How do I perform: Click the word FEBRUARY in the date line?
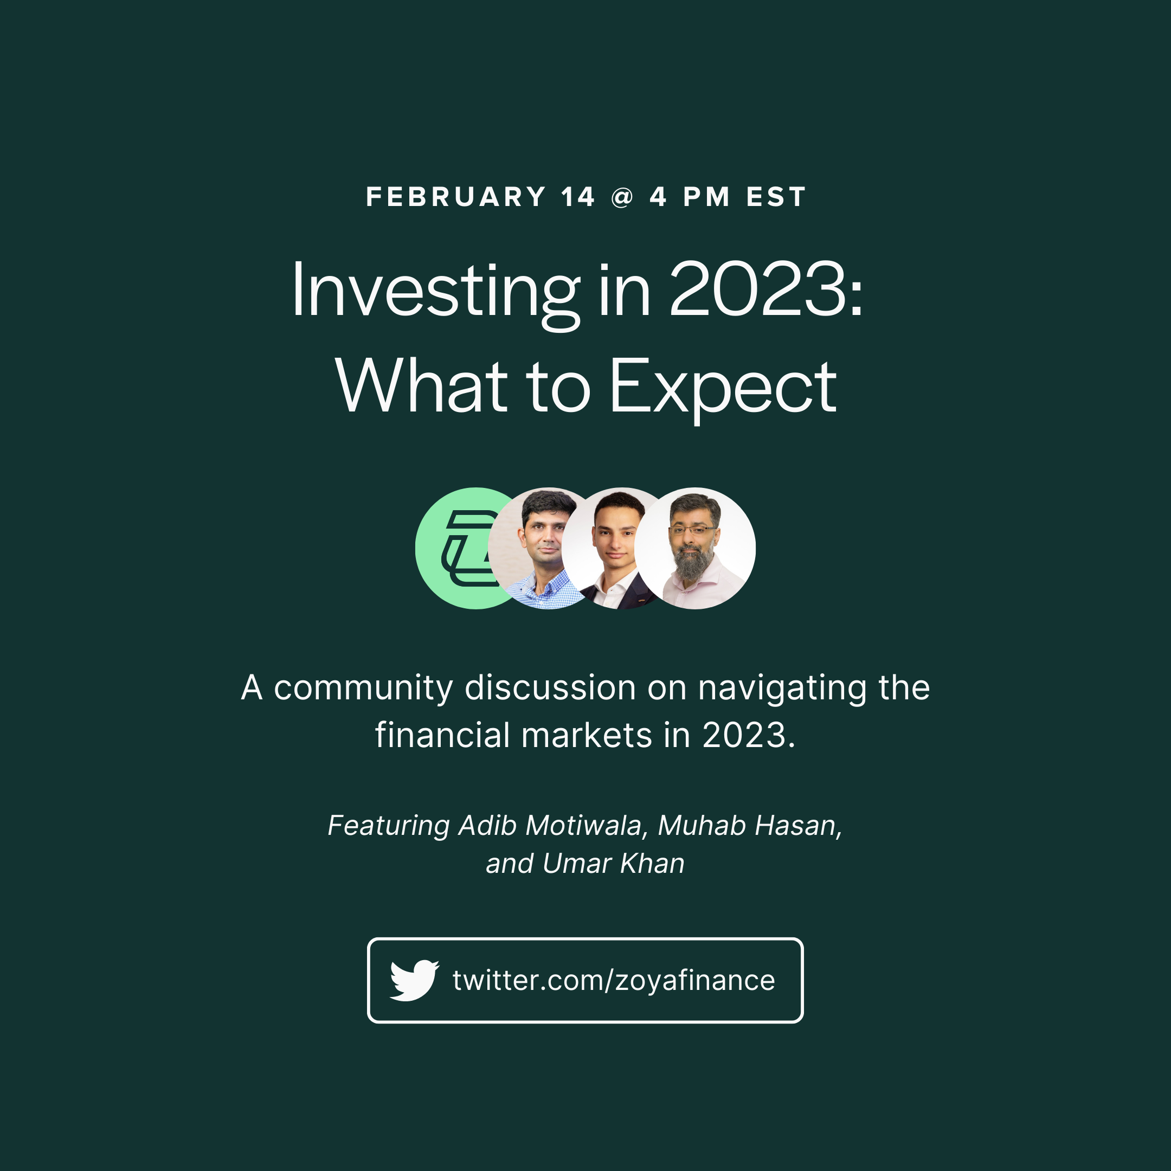click(x=456, y=197)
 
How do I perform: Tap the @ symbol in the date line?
click(x=622, y=197)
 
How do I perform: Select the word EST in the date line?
click(x=776, y=197)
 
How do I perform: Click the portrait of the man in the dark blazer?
click(x=609, y=548)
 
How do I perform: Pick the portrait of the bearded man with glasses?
click(x=695, y=548)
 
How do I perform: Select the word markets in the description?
click(x=587, y=736)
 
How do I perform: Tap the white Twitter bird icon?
click(x=414, y=980)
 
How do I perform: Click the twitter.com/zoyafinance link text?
click(x=613, y=981)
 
